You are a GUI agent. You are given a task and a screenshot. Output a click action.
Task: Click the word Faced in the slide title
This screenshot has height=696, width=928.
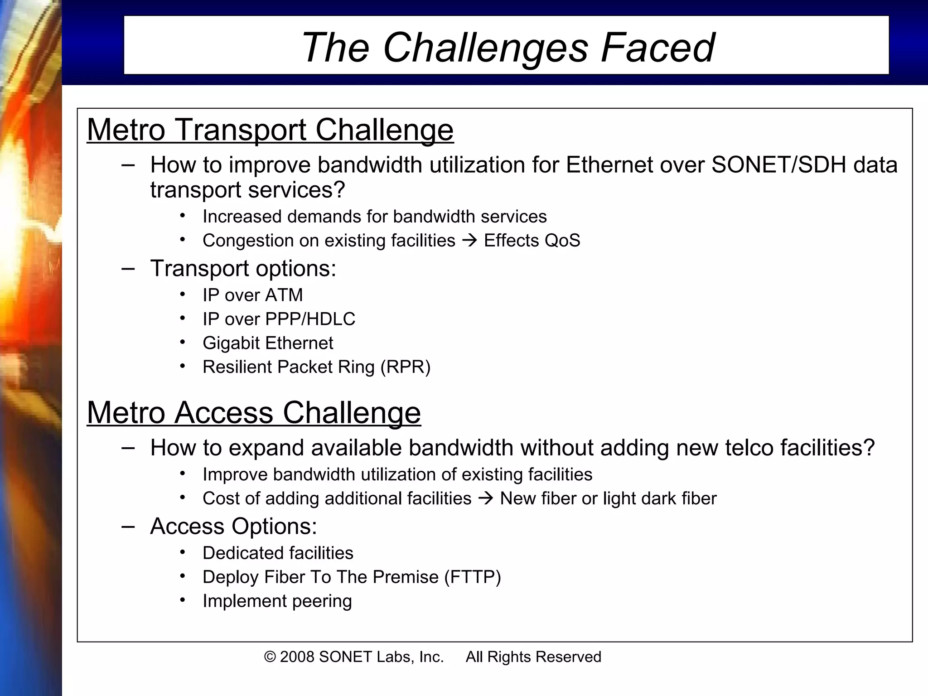click(x=658, y=48)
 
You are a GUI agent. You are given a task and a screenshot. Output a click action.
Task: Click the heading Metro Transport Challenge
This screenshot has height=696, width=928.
click(x=270, y=130)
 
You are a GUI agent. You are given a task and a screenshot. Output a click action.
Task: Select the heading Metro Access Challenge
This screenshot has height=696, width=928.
click(x=254, y=413)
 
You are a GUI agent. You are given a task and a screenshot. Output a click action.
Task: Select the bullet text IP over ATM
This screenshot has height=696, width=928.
click(x=252, y=295)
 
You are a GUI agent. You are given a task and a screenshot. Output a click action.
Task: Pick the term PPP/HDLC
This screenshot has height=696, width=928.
click(x=310, y=319)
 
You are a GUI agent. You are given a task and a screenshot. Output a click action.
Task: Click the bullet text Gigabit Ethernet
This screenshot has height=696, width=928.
click(x=268, y=343)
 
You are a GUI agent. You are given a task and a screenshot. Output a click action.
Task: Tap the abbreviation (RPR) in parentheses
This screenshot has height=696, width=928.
click(x=406, y=367)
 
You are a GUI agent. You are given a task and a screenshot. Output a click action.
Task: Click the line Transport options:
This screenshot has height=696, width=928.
click(x=243, y=268)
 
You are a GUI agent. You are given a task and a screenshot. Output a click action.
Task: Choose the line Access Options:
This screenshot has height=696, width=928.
click(x=233, y=527)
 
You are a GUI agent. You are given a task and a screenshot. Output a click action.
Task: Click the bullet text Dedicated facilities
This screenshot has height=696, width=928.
click(x=278, y=553)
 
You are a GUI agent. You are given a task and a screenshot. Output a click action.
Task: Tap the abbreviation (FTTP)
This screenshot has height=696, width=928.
click(x=473, y=577)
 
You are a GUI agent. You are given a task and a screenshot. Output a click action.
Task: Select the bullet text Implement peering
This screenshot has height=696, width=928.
click(x=277, y=601)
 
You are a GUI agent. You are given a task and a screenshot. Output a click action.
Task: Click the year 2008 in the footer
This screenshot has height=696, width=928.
click(x=297, y=657)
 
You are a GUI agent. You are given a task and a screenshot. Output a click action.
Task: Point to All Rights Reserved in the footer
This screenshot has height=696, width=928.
click(x=533, y=657)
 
